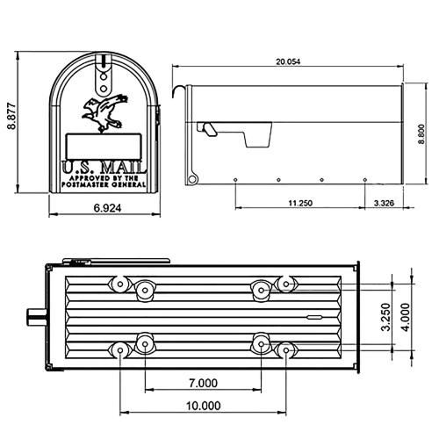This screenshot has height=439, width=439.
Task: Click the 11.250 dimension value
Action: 300,203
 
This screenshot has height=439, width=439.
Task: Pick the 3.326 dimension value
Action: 383,203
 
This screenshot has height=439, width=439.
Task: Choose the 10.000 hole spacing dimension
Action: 203,406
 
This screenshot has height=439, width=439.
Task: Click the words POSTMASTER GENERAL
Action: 104,184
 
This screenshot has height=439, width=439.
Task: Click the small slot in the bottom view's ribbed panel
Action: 312,313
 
